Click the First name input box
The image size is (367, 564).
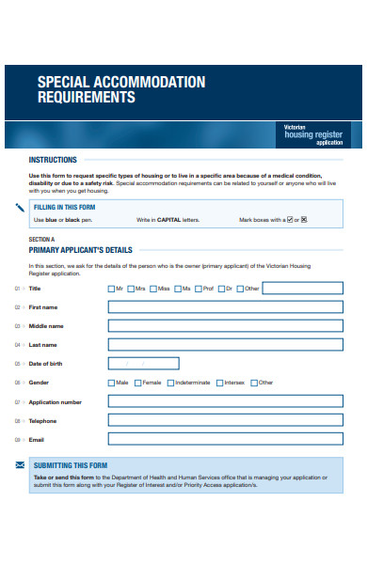point(226,307)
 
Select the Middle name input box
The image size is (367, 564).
point(226,326)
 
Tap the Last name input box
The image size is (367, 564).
point(226,345)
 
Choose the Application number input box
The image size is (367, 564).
point(226,401)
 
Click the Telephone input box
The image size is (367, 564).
point(226,420)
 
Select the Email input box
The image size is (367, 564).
point(226,439)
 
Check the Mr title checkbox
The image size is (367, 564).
point(112,289)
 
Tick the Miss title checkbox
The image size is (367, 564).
point(153,289)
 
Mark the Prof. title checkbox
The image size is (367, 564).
point(199,289)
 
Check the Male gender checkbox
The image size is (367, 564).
point(112,383)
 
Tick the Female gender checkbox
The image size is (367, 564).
point(137,383)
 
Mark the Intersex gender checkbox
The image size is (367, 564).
point(219,383)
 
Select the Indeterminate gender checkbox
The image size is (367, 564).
point(170,383)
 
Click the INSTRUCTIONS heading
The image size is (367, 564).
point(53,160)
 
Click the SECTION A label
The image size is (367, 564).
point(42,240)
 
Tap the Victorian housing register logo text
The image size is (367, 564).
point(313,133)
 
